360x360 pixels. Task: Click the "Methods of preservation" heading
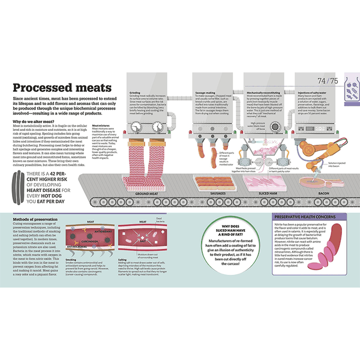pyautogui.click(x=37, y=219)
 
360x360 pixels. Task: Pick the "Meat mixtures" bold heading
pyautogui.click(x=101, y=127)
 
